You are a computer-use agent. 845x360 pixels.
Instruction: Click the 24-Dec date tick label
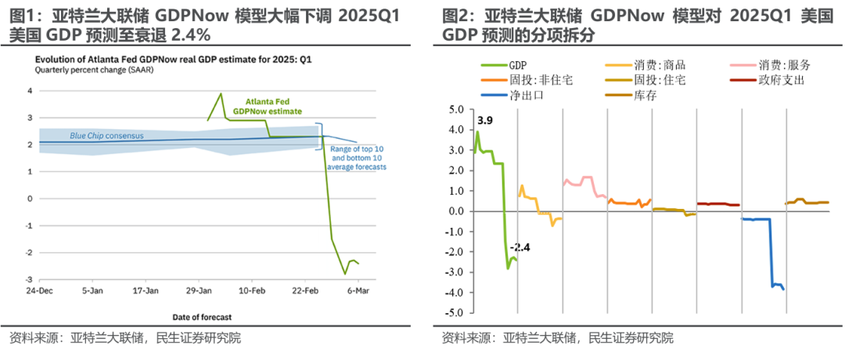pos(39,290)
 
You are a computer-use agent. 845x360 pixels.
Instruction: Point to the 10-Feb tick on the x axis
pos(250,290)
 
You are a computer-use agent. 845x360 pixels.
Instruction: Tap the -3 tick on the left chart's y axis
pos(30,279)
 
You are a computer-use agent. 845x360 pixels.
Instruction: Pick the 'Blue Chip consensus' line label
pos(106,135)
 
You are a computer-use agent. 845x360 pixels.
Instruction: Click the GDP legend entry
pos(517,66)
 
